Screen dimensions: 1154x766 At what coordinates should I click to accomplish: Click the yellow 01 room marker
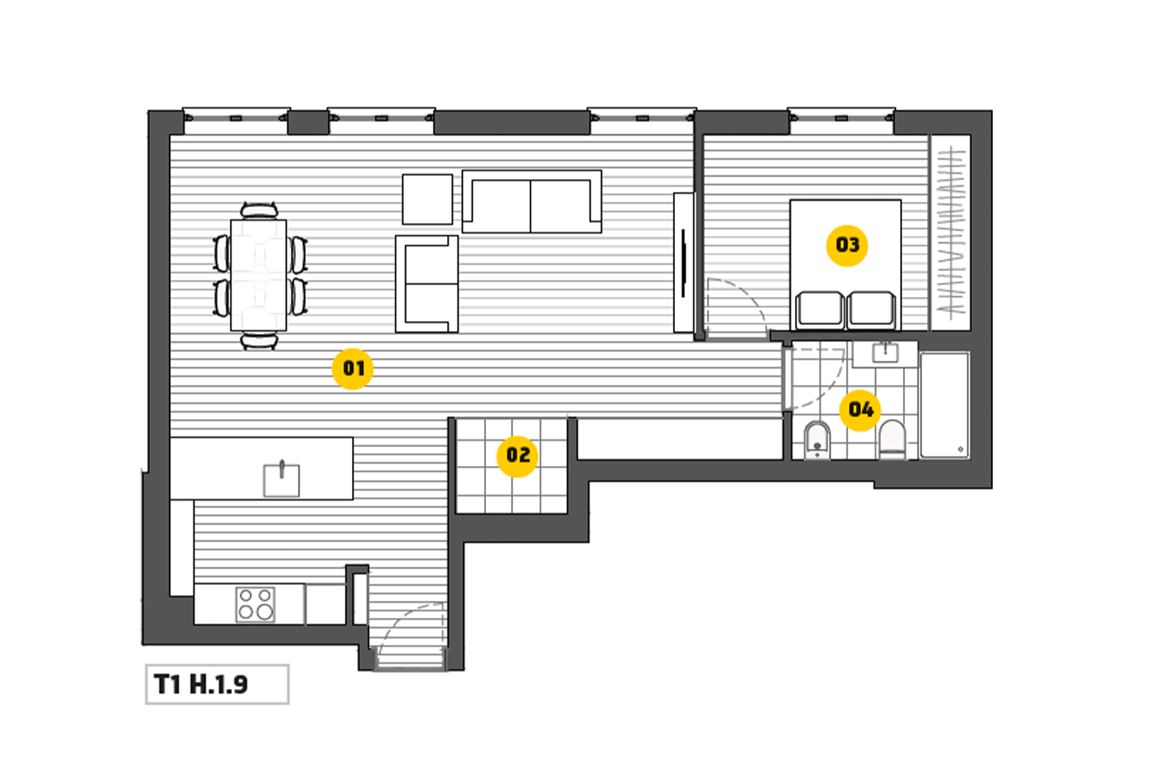point(353,369)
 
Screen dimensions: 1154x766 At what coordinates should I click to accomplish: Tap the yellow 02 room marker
point(517,456)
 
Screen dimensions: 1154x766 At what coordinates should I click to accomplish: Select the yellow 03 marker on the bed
point(847,245)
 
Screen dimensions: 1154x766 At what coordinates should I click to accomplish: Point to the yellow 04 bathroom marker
point(860,410)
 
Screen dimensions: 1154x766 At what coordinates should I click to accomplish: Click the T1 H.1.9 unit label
point(201,684)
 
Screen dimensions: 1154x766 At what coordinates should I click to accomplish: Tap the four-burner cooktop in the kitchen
point(255,604)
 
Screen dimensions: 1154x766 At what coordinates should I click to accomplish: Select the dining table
point(259,275)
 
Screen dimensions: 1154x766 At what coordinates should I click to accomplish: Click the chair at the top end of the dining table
point(259,210)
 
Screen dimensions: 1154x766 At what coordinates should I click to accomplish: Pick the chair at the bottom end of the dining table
point(259,340)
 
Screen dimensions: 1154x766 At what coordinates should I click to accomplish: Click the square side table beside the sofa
point(428,199)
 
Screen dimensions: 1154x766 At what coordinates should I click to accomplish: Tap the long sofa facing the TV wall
point(532,202)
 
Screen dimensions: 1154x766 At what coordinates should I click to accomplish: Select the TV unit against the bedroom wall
point(684,263)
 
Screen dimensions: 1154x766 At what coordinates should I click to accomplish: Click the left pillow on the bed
point(819,310)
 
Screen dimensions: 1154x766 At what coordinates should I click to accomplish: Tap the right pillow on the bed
point(871,310)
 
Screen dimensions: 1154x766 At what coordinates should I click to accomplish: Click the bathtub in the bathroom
point(945,405)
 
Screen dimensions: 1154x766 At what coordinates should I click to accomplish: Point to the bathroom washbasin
point(885,353)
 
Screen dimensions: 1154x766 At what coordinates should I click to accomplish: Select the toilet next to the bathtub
point(892,439)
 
